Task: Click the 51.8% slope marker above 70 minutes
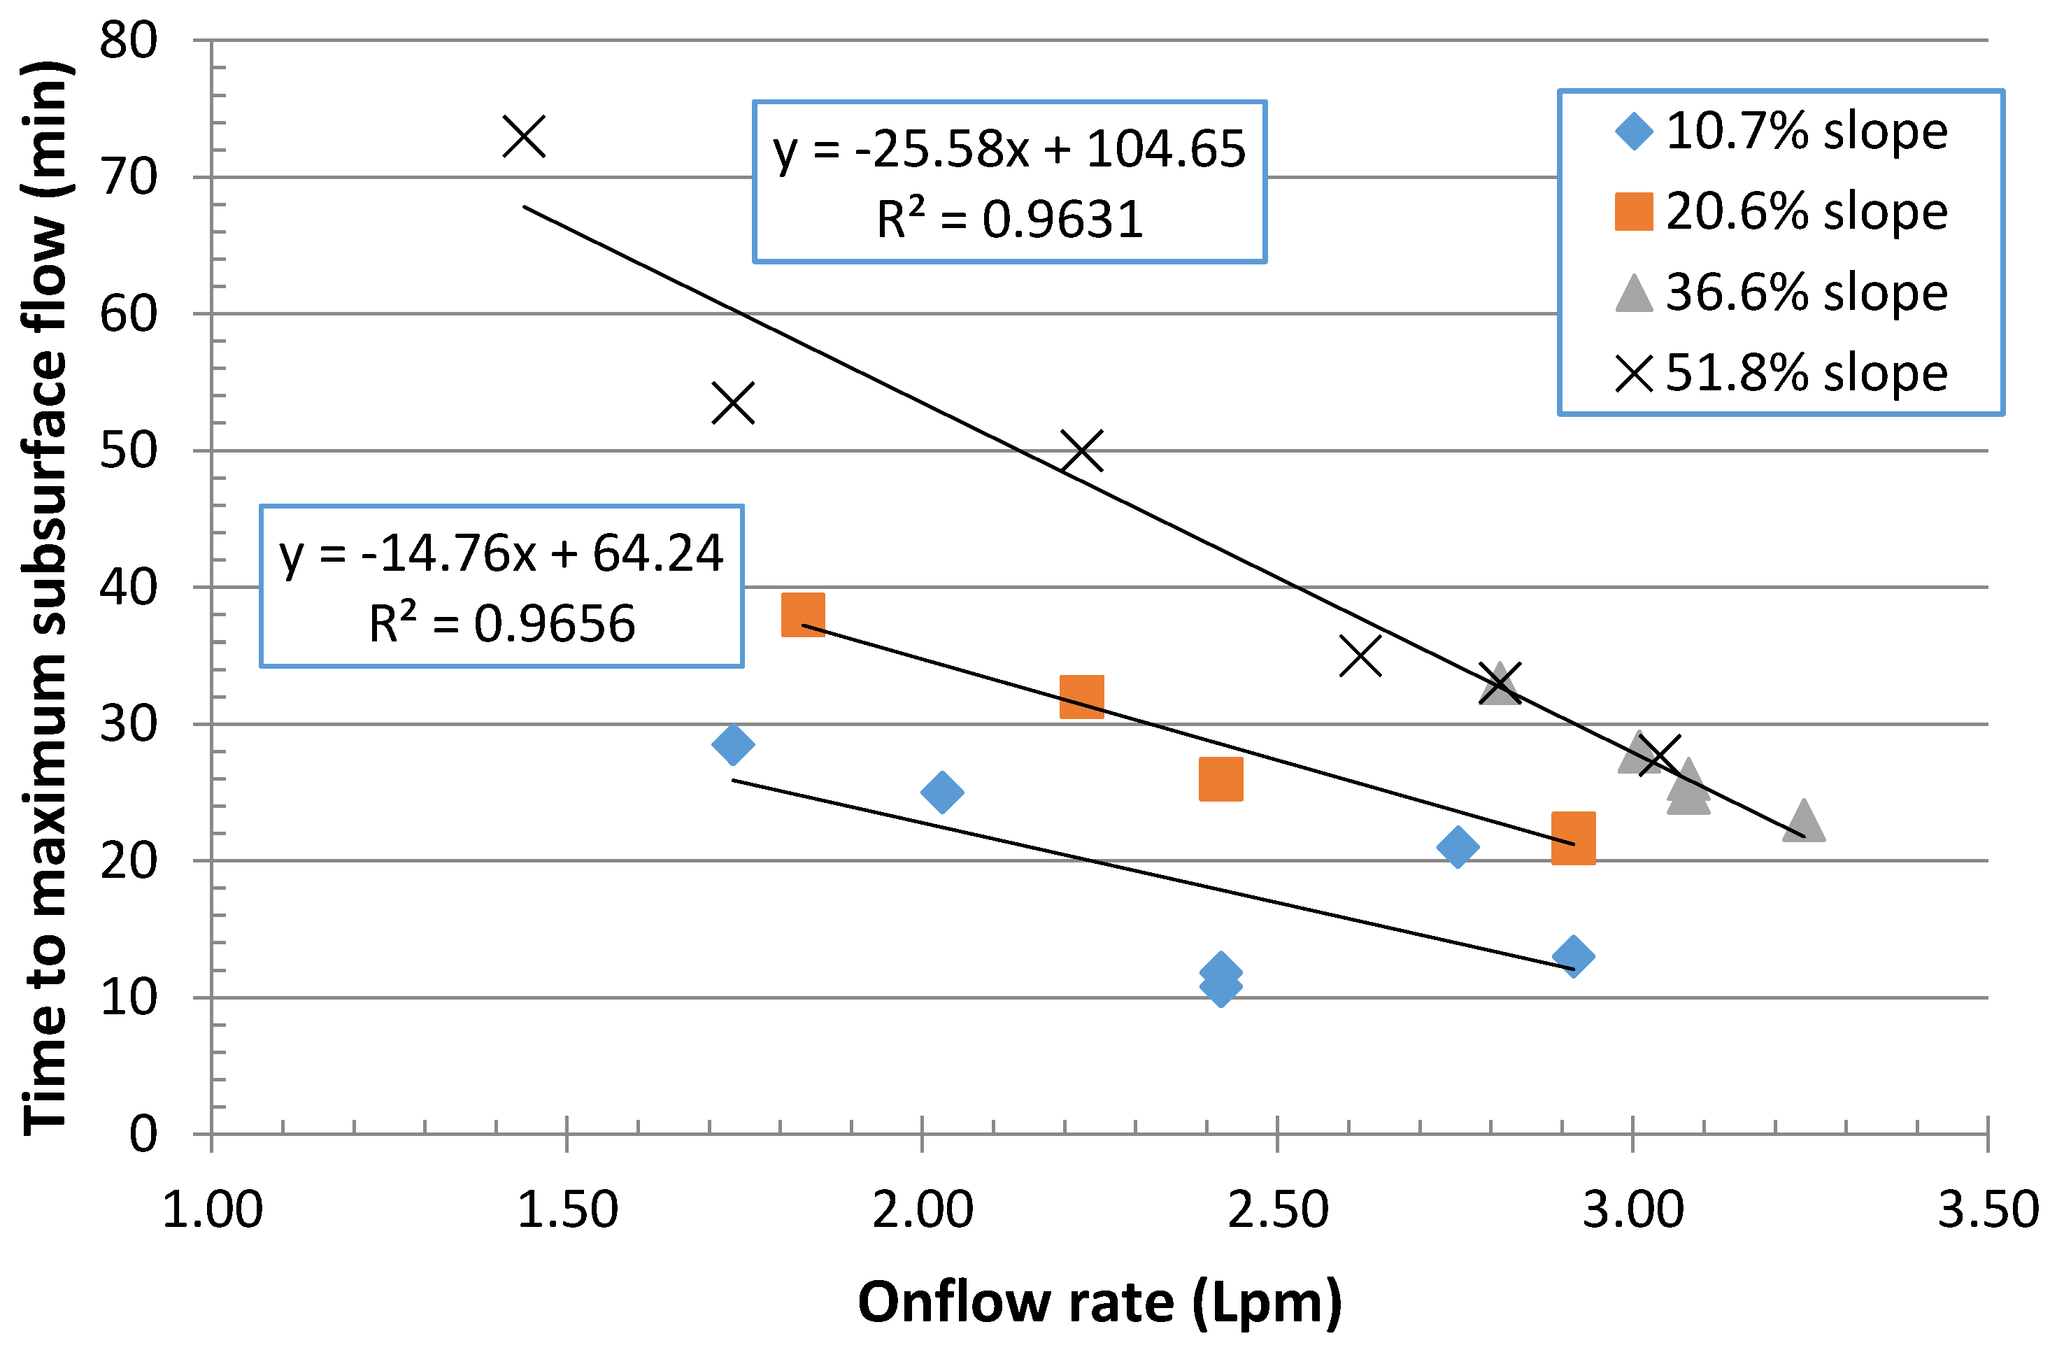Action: [x=524, y=136]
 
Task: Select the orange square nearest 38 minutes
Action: [x=803, y=615]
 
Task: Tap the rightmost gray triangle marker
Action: [x=1804, y=820]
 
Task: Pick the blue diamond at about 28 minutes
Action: [x=733, y=744]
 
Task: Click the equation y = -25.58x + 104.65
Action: [x=1009, y=149]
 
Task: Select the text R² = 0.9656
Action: [x=501, y=623]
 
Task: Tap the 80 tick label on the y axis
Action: [x=128, y=40]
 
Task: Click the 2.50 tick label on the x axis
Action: [x=1277, y=1210]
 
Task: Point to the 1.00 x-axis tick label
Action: [x=213, y=1210]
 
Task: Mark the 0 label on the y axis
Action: [x=143, y=1133]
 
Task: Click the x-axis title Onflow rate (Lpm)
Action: [x=1099, y=1302]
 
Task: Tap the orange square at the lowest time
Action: [x=1573, y=837]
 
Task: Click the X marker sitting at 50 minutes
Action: [x=1081, y=450]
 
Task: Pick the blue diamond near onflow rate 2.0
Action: [x=942, y=792]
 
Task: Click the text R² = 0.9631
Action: [x=1009, y=220]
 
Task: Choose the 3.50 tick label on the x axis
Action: [x=1988, y=1210]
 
